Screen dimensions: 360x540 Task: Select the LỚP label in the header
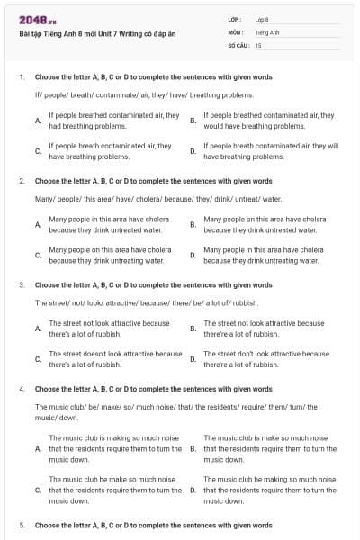point(236,19)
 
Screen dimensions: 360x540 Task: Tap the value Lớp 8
point(262,19)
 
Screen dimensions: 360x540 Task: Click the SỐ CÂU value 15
point(258,44)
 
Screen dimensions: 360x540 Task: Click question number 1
point(21,77)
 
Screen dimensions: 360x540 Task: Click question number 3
point(21,285)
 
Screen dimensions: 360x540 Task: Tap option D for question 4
point(270,490)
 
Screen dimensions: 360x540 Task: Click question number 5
point(21,524)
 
